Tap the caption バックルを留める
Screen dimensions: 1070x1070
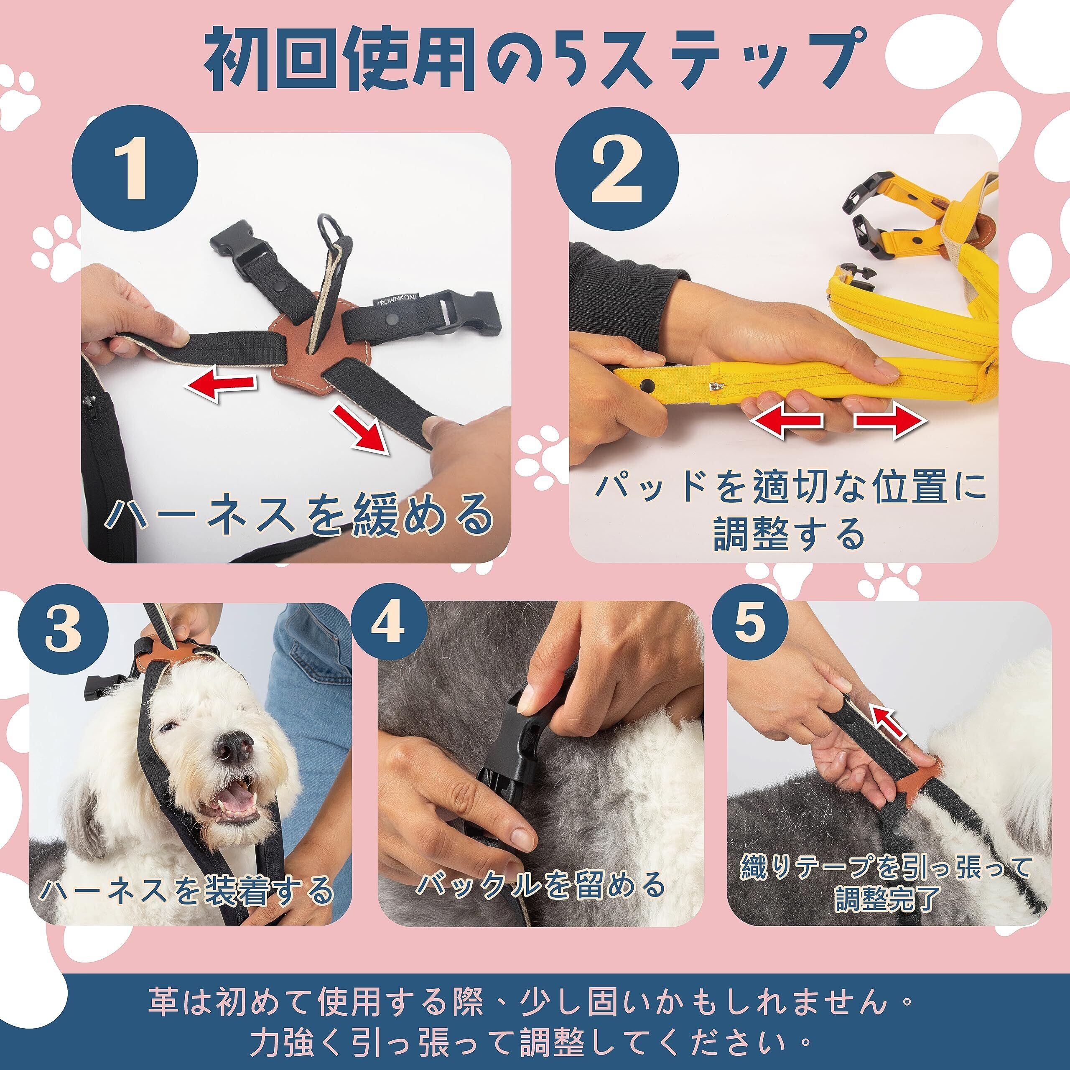[x=540, y=884]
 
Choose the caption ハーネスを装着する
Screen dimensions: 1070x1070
[x=187, y=891]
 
